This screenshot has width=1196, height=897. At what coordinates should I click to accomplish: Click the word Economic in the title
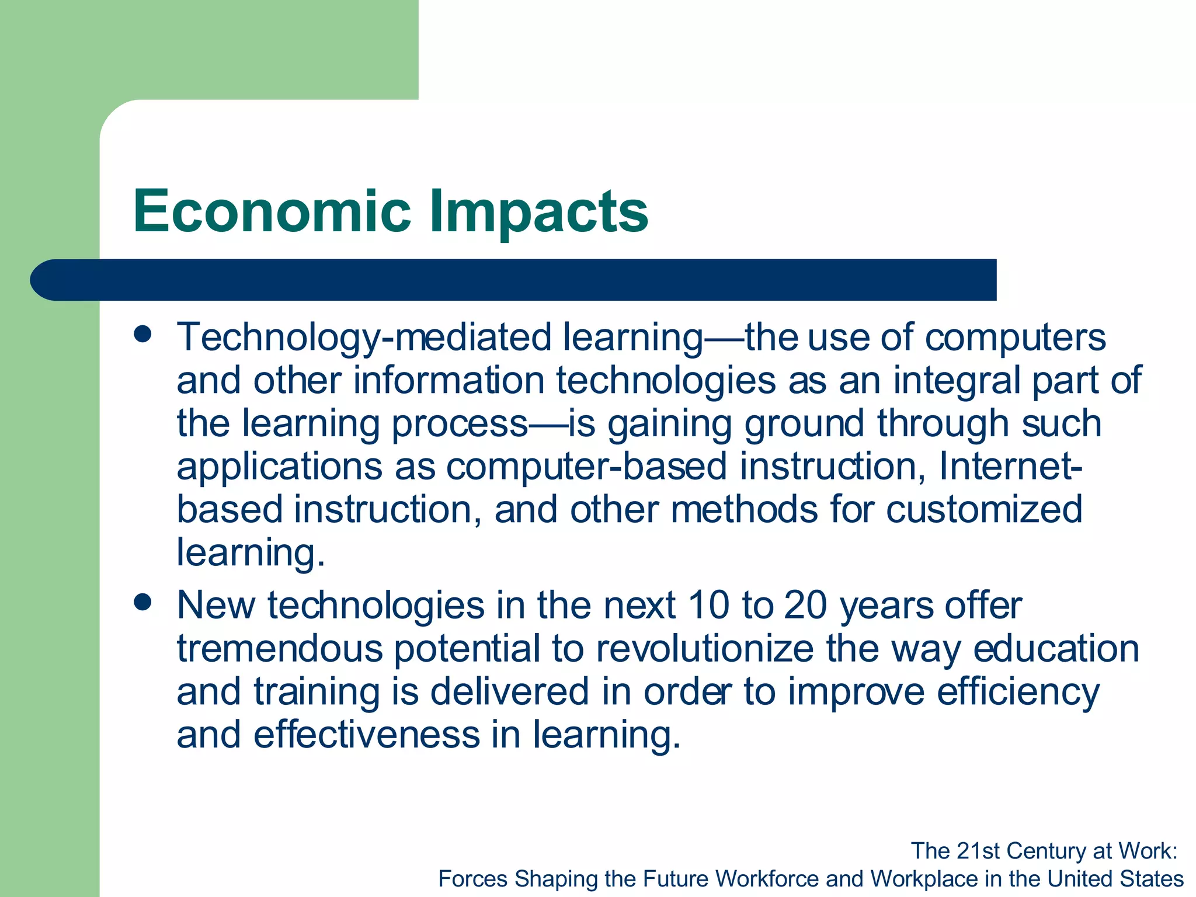pyautogui.click(x=272, y=211)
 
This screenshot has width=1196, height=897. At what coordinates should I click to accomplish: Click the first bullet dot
pyautogui.click(x=142, y=335)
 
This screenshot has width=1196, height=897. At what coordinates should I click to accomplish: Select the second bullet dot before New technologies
pyautogui.click(x=142, y=602)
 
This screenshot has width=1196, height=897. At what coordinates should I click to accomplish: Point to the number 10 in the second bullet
pyautogui.click(x=708, y=606)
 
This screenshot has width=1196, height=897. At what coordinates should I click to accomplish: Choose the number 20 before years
pyautogui.click(x=805, y=606)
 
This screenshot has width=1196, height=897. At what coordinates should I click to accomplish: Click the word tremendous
pyautogui.click(x=279, y=649)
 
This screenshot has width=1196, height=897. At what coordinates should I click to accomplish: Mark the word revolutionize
pyautogui.click(x=704, y=649)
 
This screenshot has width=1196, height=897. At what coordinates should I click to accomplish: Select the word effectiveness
pyautogui.click(x=366, y=735)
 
